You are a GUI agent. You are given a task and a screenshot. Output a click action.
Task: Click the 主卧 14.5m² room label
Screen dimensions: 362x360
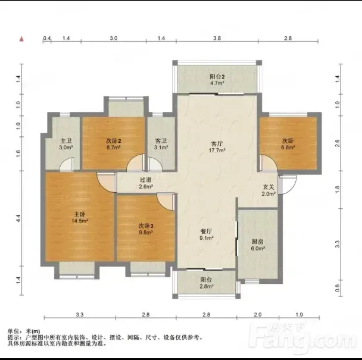[x=80, y=218]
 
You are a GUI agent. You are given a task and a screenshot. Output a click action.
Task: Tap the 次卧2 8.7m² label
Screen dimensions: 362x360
[x=114, y=144]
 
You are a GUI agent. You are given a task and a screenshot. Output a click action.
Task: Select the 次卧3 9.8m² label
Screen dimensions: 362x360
[x=146, y=229]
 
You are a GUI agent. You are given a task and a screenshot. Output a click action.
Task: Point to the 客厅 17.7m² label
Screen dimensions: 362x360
[x=217, y=147]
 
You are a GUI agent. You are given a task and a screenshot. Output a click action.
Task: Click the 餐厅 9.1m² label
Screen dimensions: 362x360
[x=207, y=234]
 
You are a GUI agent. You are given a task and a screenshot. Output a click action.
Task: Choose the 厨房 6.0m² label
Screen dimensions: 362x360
[x=258, y=245]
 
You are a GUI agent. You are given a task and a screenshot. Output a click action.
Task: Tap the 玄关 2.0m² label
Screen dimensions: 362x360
[x=269, y=190]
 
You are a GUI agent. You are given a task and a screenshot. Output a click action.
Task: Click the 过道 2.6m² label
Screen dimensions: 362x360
[x=146, y=183]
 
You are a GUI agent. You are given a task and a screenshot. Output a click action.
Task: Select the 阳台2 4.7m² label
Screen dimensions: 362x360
[x=217, y=80]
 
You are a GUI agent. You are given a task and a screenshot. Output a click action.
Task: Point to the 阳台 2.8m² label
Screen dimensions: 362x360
[x=207, y=283]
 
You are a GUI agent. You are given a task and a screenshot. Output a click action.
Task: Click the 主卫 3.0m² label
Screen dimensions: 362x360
[x=66, y=144]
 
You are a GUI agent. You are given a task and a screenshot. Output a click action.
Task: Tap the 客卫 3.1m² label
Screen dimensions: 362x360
[x=161, y=144]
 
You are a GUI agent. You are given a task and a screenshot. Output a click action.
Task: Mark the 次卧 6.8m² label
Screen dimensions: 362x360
[x=288, y=144]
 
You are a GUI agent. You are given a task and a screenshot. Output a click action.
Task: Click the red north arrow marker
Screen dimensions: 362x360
[x=21, y=39]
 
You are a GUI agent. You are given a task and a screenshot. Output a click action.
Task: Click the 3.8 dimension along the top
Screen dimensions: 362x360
[x=217, y=38]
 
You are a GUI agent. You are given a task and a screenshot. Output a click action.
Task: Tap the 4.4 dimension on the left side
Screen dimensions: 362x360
[x=18, y=218]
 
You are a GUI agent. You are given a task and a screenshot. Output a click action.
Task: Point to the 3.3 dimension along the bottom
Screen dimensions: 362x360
[x=80, y=315]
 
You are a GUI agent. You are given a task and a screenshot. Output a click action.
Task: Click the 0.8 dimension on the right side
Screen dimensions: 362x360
[x=338, y=288]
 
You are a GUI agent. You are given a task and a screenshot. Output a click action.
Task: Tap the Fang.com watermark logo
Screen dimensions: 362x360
[x=302, y=339]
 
